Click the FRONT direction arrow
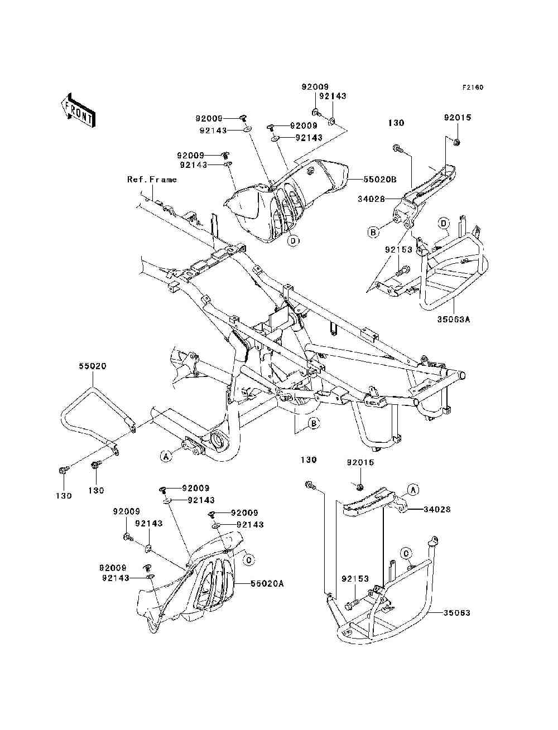[79, 110]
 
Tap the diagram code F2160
[473, 88]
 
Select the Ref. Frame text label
[152, 180]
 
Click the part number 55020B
[379, 180]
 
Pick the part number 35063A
[454, 320]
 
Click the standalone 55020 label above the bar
[93, 366]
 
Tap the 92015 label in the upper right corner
[458, 118]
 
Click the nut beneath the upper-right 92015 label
[458, 143]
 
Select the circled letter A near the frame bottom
[166, 457]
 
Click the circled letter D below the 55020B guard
[293, 240]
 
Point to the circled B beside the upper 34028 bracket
[373, 232]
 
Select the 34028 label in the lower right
[437, 509]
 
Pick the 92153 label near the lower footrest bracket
[355, 579]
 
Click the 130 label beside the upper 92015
[396, 123]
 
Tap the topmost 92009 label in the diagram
[315, 87]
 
